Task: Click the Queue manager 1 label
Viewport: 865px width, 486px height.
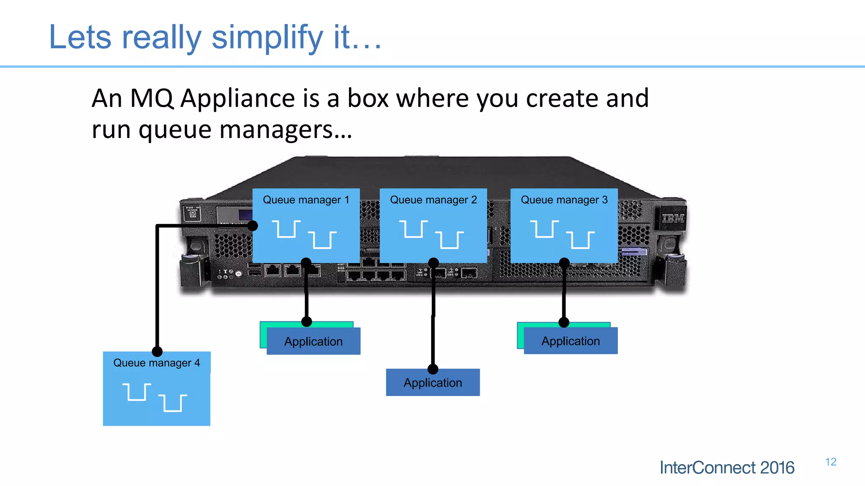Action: pos(306,200)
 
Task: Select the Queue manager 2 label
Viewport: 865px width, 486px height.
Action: pos(433,200)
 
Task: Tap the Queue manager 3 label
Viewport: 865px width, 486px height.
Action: pos(564,200)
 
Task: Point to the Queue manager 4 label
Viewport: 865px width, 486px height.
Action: pos(156,363)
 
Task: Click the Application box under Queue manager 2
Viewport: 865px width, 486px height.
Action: pos(432,383)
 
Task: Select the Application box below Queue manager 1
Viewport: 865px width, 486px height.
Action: pos(313,342)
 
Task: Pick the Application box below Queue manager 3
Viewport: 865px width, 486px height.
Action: pos(571,341)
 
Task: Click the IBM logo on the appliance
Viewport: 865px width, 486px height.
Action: pos(672,218)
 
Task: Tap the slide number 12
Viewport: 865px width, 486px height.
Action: pos(830,462)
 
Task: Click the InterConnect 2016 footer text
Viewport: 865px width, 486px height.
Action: pos(727,467)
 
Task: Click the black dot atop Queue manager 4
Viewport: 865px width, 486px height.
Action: pos(157,351)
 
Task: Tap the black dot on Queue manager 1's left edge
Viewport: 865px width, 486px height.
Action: pos(253,226)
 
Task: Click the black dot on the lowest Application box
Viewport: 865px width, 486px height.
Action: pos(433,369)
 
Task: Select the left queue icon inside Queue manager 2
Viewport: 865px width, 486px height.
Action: pos(413,229)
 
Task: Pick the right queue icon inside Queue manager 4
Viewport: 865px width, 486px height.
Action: pos(173,403)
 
